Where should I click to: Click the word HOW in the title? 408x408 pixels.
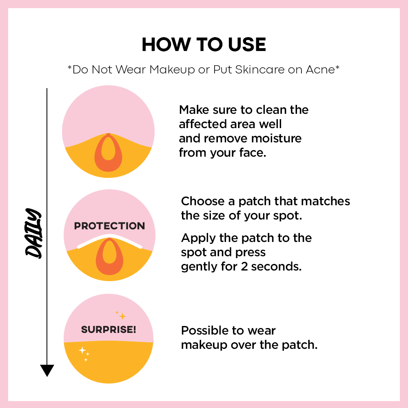[x=166, y=44]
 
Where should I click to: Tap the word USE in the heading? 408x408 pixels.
[x=247, y=44]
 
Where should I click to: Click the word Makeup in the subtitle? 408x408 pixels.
[x=172, y=70]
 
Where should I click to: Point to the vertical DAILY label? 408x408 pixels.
[x=33, y=233]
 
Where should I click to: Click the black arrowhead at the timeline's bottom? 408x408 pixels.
[x=47, y=370]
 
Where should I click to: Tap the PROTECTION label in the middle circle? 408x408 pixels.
[x=109, y=226]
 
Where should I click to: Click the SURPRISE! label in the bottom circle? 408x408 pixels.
[x=109, y=329]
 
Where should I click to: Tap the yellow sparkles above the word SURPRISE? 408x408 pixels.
[x=121, y=315]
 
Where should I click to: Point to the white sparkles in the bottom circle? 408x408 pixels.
[x=84, y=354]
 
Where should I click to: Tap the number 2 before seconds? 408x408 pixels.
[x=244, y=267]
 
